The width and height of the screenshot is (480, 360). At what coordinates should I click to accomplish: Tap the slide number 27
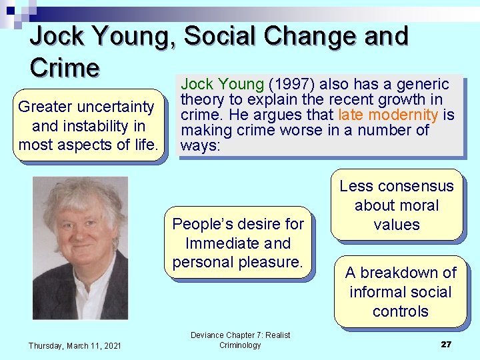pos(446,344)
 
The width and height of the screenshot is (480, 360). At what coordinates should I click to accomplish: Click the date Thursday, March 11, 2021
pos(75,345)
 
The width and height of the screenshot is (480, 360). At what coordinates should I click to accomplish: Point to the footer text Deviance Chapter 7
pos(240,335)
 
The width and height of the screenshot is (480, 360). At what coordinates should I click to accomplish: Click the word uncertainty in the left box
pos(116,107)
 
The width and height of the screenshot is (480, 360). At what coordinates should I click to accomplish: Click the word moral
pos(417,205)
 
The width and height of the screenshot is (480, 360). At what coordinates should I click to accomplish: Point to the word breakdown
pos(400,273)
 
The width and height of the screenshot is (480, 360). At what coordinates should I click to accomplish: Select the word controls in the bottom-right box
pos(400,311)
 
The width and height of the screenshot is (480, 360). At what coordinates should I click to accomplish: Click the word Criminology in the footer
pos(240,345)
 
